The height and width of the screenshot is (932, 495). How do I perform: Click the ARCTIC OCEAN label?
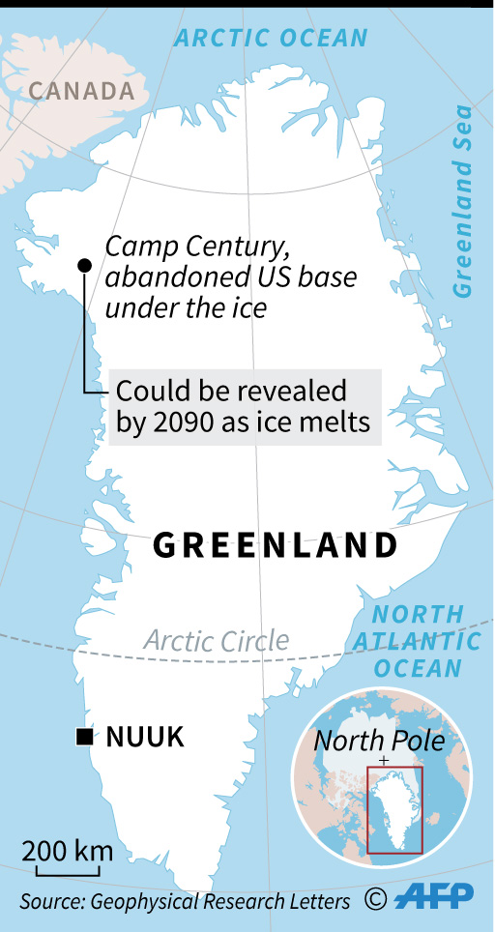tap(271, 39)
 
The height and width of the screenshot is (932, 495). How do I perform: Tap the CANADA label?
tap(81, 91)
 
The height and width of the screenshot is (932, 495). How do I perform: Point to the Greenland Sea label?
tap(465, 202)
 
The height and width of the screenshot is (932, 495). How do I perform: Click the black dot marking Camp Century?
tap(84, 265)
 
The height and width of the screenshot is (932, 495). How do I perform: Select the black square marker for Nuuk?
tap(85, 739)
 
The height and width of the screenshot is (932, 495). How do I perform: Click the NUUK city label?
tap(145, 739)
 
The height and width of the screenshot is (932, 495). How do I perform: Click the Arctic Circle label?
tap(217, 639)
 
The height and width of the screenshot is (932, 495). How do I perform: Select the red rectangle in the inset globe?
tap(394, 810)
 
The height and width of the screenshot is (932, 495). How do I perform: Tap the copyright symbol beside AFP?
tap(376, 899)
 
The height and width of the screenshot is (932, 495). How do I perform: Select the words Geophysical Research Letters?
tap(219, 901)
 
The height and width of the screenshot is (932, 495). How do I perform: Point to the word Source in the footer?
tap(50, 901)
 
